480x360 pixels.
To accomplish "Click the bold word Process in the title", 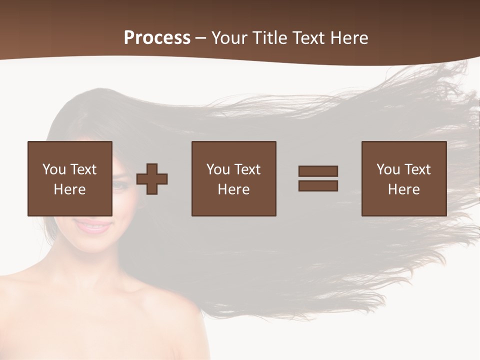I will tap(157, 38).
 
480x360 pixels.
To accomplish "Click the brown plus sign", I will tap(152, 178).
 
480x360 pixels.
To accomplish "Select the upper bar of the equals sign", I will tap(318, 171).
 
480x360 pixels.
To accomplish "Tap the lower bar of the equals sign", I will tap(318, 186).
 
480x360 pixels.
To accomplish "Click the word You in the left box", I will tap(54, 169).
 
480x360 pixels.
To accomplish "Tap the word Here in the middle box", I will tap(234, 189).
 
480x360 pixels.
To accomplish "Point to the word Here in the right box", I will tap(404, 189).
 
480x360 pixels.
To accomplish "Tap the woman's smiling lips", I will tap(93, 226).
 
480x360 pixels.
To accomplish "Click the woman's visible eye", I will tap(119, 185).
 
